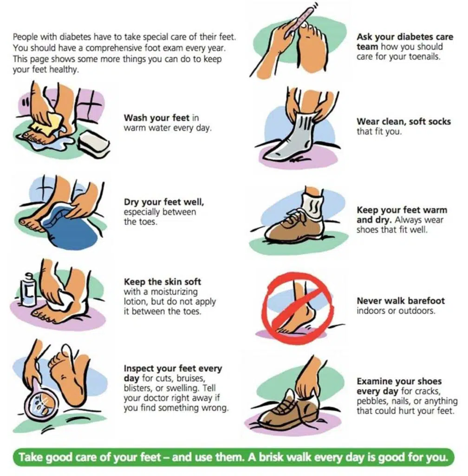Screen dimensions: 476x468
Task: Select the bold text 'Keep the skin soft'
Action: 162,282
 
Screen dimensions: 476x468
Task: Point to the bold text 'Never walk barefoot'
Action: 400,301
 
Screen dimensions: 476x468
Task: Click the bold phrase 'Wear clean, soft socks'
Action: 403,121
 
